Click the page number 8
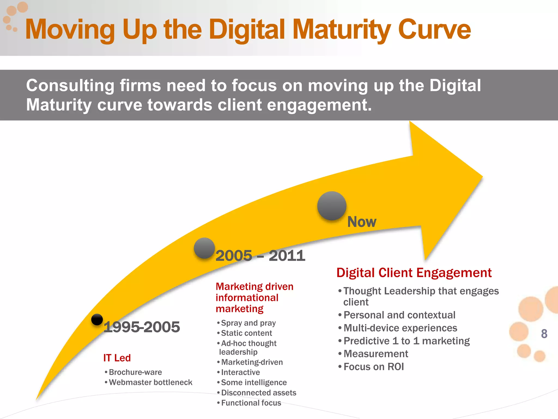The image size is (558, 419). pyautogui.click(x=544, y=334)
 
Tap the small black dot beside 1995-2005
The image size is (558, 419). pyautogui.click(x=97, y=319)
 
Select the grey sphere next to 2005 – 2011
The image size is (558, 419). pyautogui.click(x=204, y=248)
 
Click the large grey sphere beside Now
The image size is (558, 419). pyautogui.click(x=332, y=206)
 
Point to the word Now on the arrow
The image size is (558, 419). pyautogui.click(x=362, y=222)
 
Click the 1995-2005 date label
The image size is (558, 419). pyautogui.click(x=142, y=327)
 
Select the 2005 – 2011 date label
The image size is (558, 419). pyautogui.click(x=260, y=256)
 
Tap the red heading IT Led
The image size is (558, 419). pyautogui.click(x=117, y=358)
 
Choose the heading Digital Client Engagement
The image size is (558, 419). pyautogui.click(x=414, y=273)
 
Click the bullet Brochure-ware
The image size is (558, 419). pyautogui.click(x=135, y=372)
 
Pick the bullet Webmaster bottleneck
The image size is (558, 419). pyautogui.click(x=150, y=382)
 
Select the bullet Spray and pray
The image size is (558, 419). pyautogui.click(x=248, y=323)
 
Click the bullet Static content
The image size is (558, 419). pyautogui.click(x=246, y=333)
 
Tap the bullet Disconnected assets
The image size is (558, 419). pyautogui.click(x=259, y=393)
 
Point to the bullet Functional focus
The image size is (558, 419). pyautogui.click(x=251, y=403)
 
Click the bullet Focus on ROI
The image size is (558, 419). pyautogui.click(x=374, y=367)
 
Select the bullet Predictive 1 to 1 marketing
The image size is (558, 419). pyautogui.click(x=407, y=341)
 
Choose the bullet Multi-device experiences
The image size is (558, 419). pyautogui.click(x=400, y=328)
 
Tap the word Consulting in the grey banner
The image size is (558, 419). pyautogui.click(x=70, y=85)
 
